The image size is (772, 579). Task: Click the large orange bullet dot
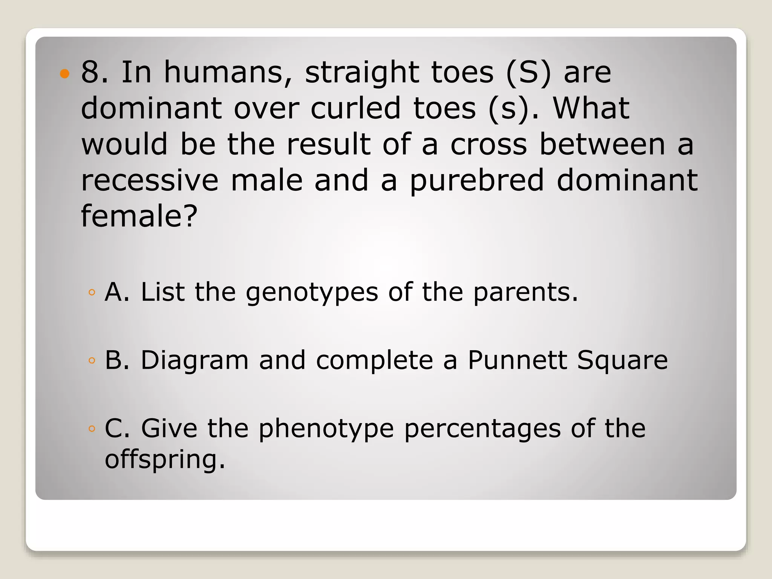point(65,73)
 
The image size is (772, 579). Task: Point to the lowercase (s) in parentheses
point(509,109)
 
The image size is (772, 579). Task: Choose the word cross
point(489,144)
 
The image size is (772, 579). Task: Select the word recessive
point(150,181)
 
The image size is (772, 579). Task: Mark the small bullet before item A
point(92,292)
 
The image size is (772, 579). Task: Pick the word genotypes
point(312,293)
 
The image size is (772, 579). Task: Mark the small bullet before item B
point(92,360)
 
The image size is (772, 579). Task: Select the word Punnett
point(517,360)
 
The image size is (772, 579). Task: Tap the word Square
point(622,361)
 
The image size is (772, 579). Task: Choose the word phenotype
point(326,429)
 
